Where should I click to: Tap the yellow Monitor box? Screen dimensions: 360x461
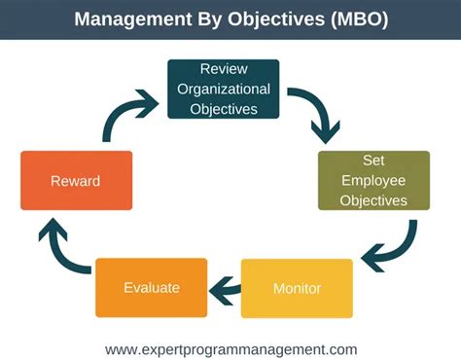click(x=297, y=288)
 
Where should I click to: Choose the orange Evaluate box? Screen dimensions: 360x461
click(x=150, y=287)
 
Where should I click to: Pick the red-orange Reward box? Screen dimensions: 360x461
click(x=76, y=181)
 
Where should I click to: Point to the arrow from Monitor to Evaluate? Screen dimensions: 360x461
click(x=225, y=287)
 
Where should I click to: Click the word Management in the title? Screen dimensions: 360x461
click(x=125, y=20)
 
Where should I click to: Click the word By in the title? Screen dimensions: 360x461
click(x=200, y=20)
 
